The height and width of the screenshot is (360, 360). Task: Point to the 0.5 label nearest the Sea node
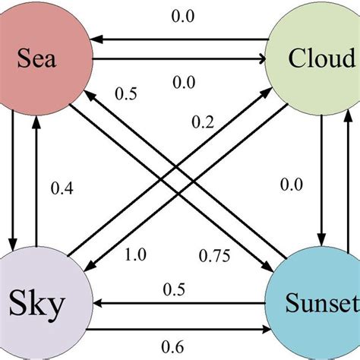125,94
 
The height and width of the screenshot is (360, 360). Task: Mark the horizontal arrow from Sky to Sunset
178,331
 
